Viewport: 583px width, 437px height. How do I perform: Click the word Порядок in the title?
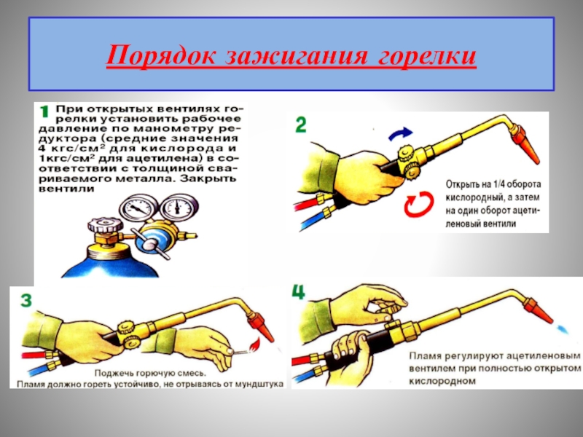click(x=161, y=57)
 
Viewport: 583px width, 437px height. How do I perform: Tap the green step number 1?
click(x=44, y=111)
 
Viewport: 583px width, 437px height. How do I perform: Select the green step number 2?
click(x=300, y=125)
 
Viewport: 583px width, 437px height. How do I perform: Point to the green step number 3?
click(x=26, y=300)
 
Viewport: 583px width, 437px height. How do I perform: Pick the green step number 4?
click(x=299, y=293)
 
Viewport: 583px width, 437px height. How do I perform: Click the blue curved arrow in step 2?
click(x=400, y=134)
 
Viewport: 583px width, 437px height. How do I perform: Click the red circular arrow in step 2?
click(x=420, y=204)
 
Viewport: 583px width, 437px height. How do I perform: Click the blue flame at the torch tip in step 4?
click(x=563, y=328)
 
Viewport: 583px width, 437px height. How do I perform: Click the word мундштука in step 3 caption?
click(x=259, y=384)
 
